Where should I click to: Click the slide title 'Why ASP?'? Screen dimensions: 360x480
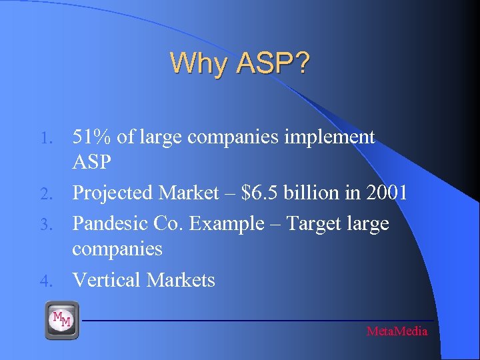click(x=239, y=63)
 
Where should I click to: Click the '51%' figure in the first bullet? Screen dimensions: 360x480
click(x=93, y=137)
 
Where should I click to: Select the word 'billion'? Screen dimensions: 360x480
click(x=312, y=193)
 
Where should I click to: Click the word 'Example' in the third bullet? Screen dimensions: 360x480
click(x=226, y=223)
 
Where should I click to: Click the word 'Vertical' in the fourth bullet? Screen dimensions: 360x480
click(x=106, y=280)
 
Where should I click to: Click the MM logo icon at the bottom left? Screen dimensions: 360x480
click(x=62, y=320)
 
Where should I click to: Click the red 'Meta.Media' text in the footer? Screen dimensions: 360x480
click(x=397, y=331)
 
